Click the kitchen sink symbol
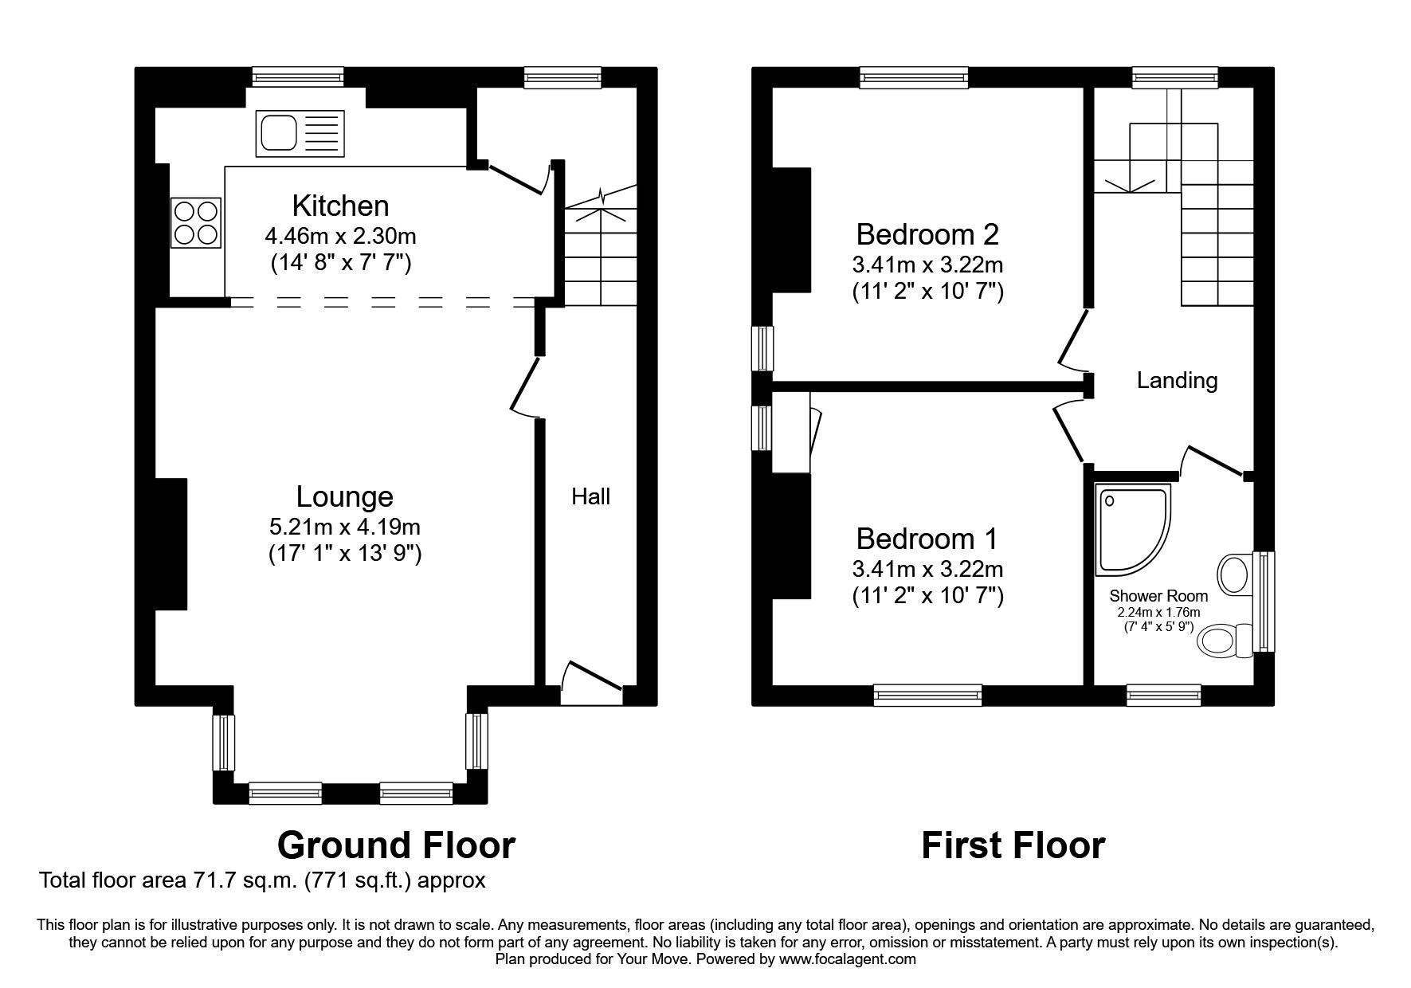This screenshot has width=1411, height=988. pos(300,133)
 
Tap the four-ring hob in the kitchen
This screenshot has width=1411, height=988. pos(195,222)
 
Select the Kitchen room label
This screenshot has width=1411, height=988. pos(340,206)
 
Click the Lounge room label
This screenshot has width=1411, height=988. pos(344,496)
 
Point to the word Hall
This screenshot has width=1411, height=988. pos(590,496)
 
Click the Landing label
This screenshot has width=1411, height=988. pos(1177,381)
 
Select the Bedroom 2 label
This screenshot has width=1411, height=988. pos(927,234)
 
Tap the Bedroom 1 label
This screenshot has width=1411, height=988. pos(927,539)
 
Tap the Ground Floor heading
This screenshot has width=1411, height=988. pos(396,845)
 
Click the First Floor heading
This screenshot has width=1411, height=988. pos(1013,845)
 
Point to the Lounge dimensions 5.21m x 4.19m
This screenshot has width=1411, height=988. pos(344,527)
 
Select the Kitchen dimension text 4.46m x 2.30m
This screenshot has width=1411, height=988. pos(340,236)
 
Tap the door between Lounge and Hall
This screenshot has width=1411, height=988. pos(526,386)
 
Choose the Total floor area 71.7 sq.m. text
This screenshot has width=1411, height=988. pos(262,880)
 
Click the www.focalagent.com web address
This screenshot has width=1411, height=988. pos(847,959)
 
